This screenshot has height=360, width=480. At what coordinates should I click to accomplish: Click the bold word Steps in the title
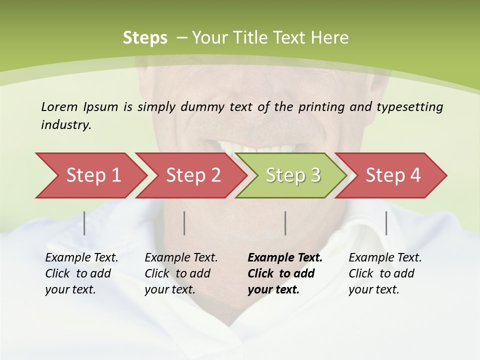pyautogui.click(x=145, y=38)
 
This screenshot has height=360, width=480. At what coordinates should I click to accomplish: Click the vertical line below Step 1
pyautogui.click(x=84, y=223)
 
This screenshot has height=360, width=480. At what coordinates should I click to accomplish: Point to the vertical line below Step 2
pyautogui.click(x=184, y=223)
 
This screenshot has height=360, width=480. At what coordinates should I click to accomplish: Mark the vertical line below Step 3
pyautogui.click(x=285, y=223)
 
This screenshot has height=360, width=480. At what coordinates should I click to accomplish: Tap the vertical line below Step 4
pyautogui.click(x=386, y=223)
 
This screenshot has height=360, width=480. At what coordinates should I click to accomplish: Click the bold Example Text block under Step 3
pyautogui.click(x=284, y=273)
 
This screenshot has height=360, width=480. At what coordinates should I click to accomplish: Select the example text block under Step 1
pyautogui.click(x=81, y=273)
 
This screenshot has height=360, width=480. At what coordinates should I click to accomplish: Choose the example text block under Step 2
pyautogui.click(x=181, y=273)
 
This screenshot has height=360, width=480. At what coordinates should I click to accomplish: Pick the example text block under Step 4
pyautogui.click(x=384, y=273)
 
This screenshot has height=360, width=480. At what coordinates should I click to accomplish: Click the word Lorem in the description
pyautogui.click(x=59, y=106)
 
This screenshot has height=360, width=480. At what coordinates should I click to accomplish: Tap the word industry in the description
pyautogui.click(x=66, y=125)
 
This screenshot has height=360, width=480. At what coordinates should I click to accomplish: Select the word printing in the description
pyautogui.click(x=321, y=106)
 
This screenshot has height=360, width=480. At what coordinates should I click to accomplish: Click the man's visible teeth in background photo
pyautogui.click(x=260, y=148)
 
